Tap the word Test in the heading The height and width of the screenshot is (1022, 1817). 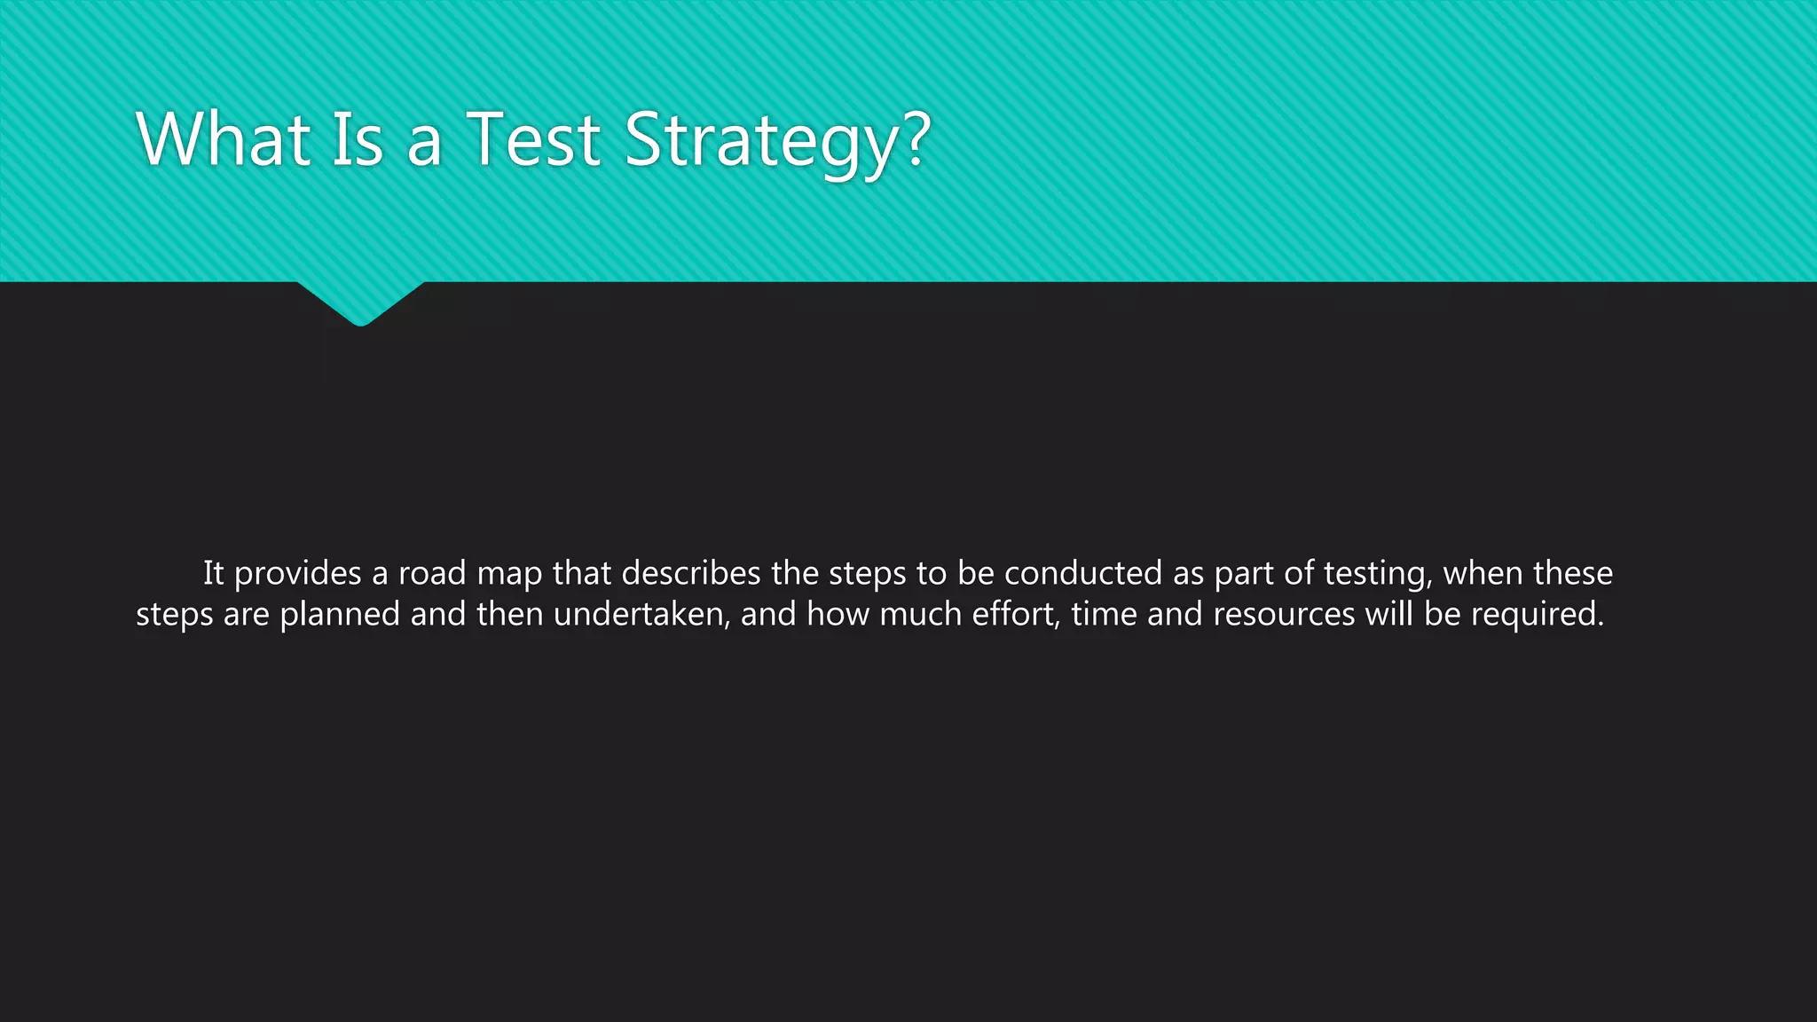pyautogui.click(x=533, y=139)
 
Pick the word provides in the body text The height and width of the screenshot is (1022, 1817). pyautogui.click(x=297, y=574)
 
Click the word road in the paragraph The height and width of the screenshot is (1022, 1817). pyautogui.click(x=432, y=573)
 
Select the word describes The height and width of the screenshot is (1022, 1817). pyautogui.click(x=691, y=573)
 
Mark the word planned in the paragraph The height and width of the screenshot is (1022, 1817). pyautogui.click(x=340, y=615)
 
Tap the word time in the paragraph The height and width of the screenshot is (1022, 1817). pyautogui.click(x=1104, y=614)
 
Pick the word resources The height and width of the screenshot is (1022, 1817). pyautogui.click(x=1284, y=615)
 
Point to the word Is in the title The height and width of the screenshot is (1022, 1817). pyautogui.click(x=358, y=139)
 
